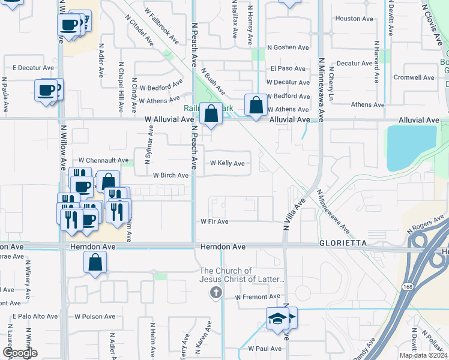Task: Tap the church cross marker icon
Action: [216, 293]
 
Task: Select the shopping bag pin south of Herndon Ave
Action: [95, 263]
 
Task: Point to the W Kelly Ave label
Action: [227, 163]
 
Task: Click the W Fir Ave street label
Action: [214, 221]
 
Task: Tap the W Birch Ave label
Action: [170, 176]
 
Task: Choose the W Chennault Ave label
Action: [104, 161]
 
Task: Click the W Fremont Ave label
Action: [258, 297]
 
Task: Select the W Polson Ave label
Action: [94, 316]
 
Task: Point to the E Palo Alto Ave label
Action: [35, 316]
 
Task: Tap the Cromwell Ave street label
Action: [414, 77]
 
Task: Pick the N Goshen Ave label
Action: [288, 47]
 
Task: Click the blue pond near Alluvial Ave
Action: [411, 147]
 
